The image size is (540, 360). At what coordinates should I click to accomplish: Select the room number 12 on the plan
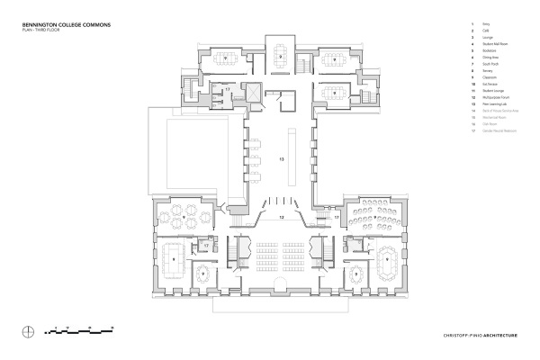coord(281,217)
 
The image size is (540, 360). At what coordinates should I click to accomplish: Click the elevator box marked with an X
coord(254,94)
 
